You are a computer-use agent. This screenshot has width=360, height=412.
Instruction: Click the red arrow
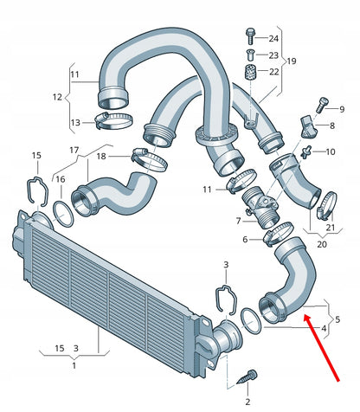pos(322,348)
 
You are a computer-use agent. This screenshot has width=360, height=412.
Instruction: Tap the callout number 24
pos(273,38)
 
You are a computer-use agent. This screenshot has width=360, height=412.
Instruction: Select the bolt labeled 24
pos(250,36)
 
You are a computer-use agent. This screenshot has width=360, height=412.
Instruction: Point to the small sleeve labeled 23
pos(250,55)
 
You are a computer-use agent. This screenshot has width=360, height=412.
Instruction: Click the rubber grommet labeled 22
pos(250,72)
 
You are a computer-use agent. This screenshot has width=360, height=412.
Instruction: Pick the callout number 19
pos(292,61)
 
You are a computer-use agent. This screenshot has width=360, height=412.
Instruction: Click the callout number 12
pos(57,97)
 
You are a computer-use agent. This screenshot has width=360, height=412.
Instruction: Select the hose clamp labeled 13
pos(113,120)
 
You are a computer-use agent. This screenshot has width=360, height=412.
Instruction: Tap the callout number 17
pos(74,150)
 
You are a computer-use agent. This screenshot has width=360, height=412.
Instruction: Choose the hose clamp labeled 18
pos(149,159)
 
